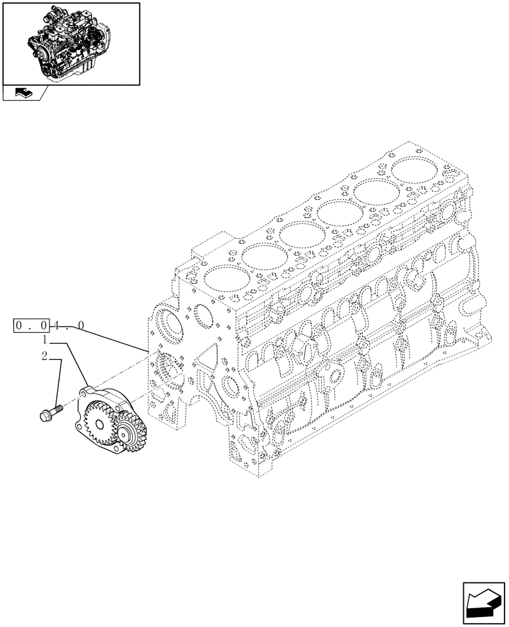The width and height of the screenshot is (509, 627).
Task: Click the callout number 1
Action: point(46,340)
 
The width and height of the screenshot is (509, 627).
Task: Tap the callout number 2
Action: point(45,357)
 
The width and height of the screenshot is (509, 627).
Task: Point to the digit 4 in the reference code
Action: point(57,326)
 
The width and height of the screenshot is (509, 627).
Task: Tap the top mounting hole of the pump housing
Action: point(84,394)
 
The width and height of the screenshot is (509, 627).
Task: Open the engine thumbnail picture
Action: point(70,43)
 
